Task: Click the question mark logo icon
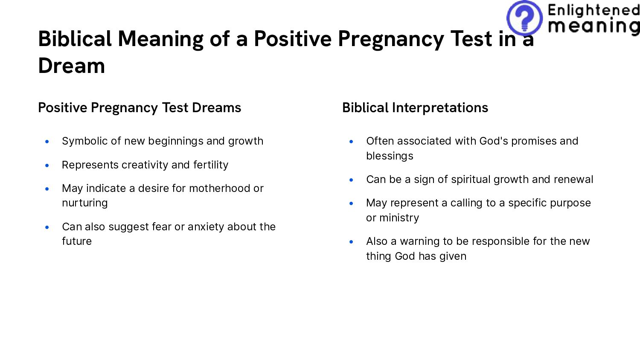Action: [x=524, y=18]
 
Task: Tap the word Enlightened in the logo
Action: [x=593, y=10]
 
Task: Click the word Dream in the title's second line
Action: [x=72, y=66]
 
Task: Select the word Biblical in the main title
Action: [x=75, y=39]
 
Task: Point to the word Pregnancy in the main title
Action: [x=391, y=39]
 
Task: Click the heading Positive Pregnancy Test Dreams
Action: [x=140, y=107]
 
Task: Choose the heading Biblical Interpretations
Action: [x=415, y=107]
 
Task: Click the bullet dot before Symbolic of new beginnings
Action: [x=47, y=141]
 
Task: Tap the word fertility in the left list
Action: [x=211, y=165]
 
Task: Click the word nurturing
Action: [x=85, y=203]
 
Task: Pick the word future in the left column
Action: [x=77, y=241]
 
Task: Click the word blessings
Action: [x=390, y=156]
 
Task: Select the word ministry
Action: [x=399, y=218]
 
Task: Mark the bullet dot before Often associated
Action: [x=351, y=141]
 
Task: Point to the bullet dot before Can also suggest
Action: [x=47, y=227]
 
